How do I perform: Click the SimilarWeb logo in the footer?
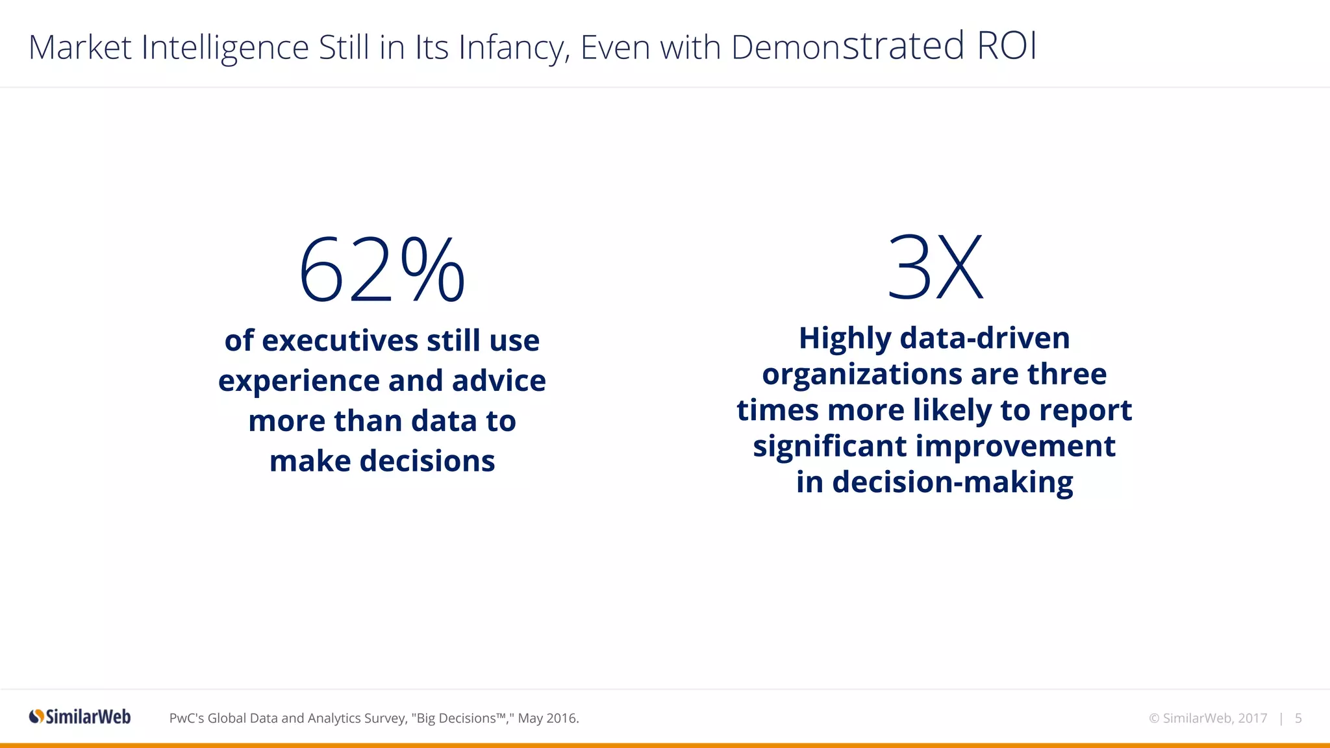[80, 717]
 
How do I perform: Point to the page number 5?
[1298, 718]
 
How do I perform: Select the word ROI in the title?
[1006, 46]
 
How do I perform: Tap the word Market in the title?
[80, 47]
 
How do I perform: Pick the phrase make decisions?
[382, 461]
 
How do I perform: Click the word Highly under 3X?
[845, 339]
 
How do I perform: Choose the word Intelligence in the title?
[225, 48]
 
